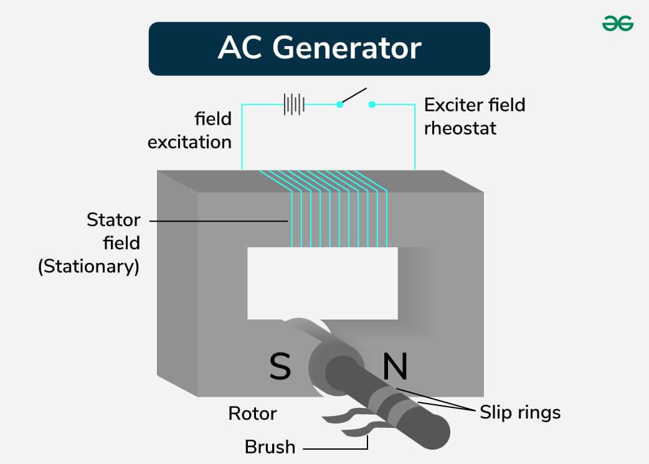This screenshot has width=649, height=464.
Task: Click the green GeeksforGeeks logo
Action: tap(617, 23)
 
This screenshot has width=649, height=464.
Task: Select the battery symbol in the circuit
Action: tap(293, 104)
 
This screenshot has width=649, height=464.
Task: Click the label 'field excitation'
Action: tap(189, 130)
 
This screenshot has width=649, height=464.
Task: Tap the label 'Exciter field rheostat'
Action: tap(475, 116)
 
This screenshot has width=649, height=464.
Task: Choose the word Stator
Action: tap(113, 220)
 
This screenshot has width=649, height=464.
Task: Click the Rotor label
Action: tap(252, 413)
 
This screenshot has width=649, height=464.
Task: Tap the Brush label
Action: tap(270, 447)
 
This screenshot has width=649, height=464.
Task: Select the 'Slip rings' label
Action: tap(520, 412)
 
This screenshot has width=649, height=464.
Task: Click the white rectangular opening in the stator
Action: tap(322, 283)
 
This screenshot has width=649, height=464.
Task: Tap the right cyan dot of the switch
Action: tap(372, 105)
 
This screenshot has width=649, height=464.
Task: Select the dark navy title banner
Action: tap(319, 49)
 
